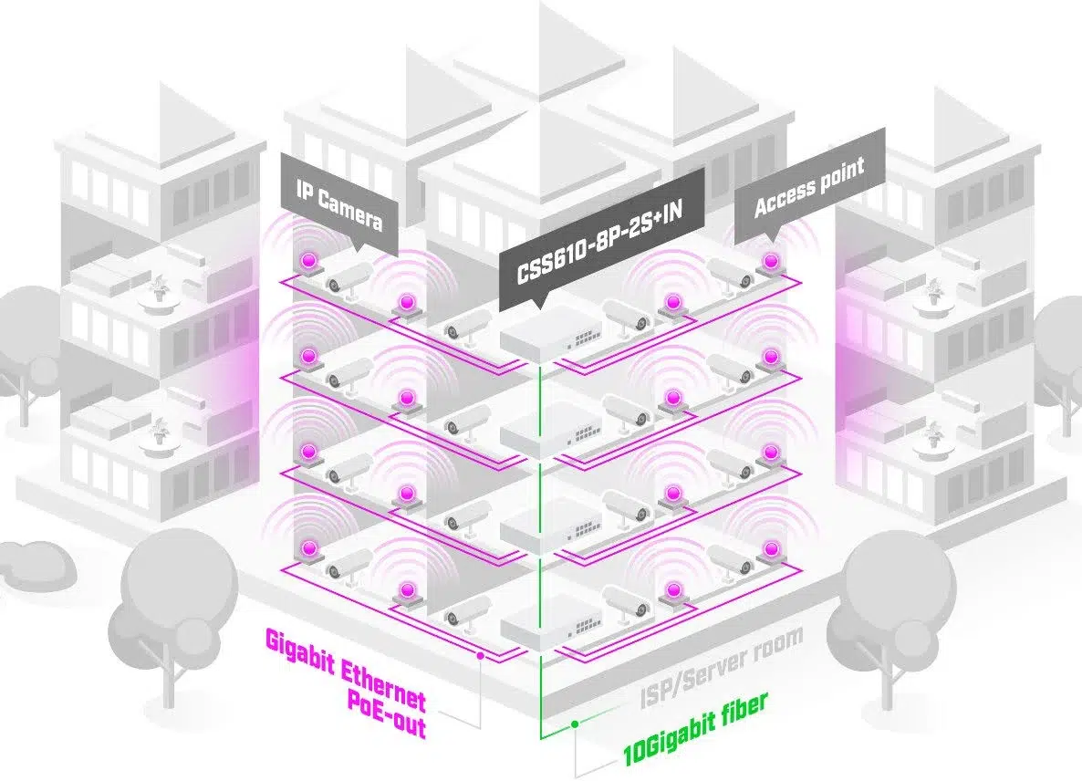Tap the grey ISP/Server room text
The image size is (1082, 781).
pyautogui.click(x=720, y=667)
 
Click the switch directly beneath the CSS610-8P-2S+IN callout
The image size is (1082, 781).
pyautogui.click(x=546, y=338)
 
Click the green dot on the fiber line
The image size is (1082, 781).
pyautogui.click(x=575, y=724)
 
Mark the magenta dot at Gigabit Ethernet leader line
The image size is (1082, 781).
pyautogui.click(x=480, y=654)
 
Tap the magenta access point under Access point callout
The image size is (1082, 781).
pyautogui.click(x=771, y=263)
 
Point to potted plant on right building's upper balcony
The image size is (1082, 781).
pyautogui.click(x=932, y=290)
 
